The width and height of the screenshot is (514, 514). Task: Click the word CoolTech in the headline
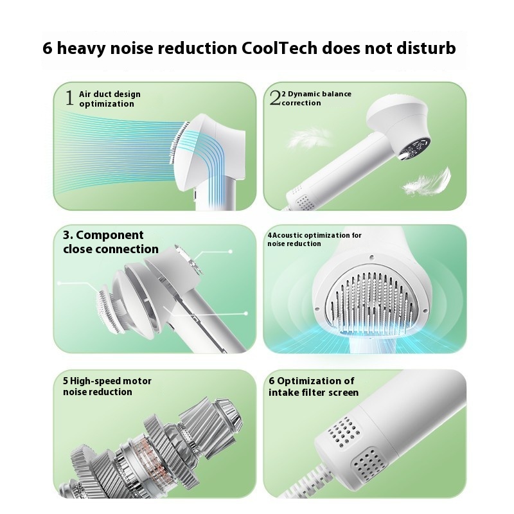pyautogui.click(x=279, y=48)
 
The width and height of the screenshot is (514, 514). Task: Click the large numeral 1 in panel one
pyautogui.click(x=69, y=98)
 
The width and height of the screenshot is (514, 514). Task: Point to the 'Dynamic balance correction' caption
pyautogui.click(x=316, y=98)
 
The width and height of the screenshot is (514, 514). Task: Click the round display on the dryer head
pyautogui.click(x=414, y=148)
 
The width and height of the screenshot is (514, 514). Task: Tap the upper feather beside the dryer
pyautogui.click(x=308, y=137)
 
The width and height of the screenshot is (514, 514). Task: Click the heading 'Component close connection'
pyautogui.click(x=111, y=242)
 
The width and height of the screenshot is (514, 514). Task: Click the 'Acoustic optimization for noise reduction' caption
pyautogui.click(x=314, y=239)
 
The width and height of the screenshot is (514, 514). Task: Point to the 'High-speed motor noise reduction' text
pyautogui.click(x=107, y=386)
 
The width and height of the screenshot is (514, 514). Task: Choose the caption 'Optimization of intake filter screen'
pyautogui.click(x=314, y=387)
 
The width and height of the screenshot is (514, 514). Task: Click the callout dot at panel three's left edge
pyautogui.click(x=59, y=283)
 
